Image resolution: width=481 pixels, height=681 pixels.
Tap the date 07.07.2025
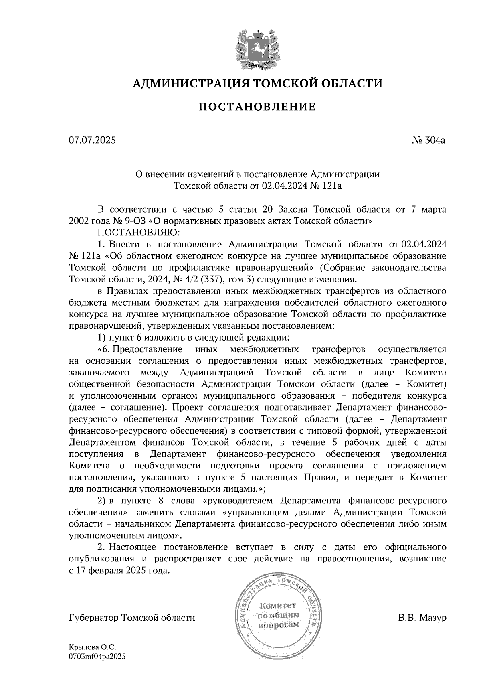click(x=92, y=140)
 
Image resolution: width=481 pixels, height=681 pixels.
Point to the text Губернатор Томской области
click(x=132, y=618)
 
